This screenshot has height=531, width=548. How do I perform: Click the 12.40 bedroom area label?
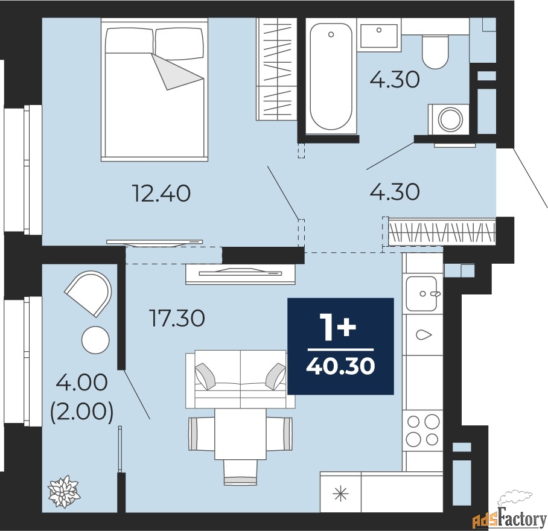[x=162, y=193]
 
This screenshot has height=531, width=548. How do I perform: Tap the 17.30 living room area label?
[x=177, y=318]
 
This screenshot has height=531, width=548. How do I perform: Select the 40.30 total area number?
[x=340, y=366]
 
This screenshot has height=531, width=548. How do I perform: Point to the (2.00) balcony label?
[x=82, y=412]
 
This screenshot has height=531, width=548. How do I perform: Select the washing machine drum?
[x=451, y=119]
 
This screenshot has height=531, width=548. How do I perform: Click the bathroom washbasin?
[x=379, y=35]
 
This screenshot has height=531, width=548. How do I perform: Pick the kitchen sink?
[x=422, y=293]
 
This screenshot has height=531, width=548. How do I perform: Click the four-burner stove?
[x=422, y=430]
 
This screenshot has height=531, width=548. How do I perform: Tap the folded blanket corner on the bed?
[x=177, y=72]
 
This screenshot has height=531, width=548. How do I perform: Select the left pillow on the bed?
[x=130, y=41]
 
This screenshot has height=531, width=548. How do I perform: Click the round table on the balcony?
[x=95, y=340]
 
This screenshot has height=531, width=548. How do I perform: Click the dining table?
[x=240, y=434]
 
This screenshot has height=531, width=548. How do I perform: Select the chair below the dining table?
[x=240, y=472]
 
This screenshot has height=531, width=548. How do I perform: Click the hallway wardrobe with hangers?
[x=442, y=232]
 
